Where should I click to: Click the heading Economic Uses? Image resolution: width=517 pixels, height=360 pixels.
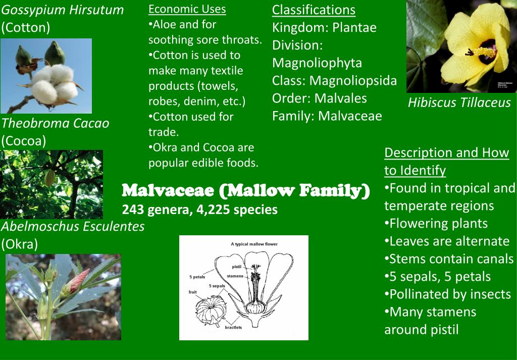[x=187, y=9]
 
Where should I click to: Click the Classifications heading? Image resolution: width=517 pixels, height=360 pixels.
[x=314, y=10]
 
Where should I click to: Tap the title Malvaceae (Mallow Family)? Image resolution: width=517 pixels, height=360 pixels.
[x=246, y=191]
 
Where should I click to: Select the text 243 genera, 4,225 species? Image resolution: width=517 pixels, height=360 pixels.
[x=199, y=209]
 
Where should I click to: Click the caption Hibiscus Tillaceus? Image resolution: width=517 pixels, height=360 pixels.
[x=459, y=103]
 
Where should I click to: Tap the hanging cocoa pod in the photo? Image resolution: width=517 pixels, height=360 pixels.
[x=49, y=178]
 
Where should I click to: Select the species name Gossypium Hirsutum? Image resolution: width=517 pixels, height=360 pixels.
[x=62, y=10]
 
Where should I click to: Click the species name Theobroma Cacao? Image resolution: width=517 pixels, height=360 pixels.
[x=55, y=123]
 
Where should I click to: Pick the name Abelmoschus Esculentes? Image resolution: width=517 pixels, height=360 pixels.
[x=73, y=226]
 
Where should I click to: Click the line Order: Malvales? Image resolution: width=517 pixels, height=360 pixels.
[x=319, y=98]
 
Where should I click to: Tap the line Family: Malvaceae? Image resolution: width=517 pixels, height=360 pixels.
[x=327, y=116]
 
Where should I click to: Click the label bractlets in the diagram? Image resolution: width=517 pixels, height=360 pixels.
[x=233, y=327]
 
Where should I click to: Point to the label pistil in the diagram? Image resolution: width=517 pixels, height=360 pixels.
[x=237, y=266]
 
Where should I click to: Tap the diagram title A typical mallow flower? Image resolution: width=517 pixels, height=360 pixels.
[x=254, y=244]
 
